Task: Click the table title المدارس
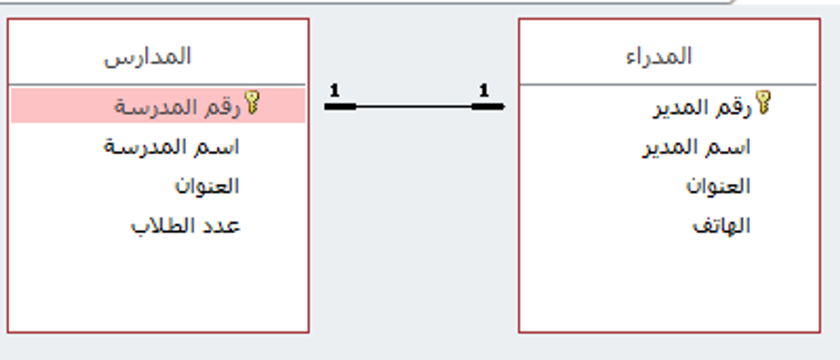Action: [147, 57]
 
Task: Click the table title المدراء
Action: [659, 57]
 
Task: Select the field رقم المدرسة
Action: [177, 108]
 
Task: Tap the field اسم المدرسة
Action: [171, 147]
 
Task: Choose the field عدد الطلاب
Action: [186, 226]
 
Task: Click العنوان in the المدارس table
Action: [206, 186]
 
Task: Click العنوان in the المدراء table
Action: [718, 186]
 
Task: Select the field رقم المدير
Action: [703, 108]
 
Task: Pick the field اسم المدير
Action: [696, 147]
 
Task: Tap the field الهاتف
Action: [721, 226]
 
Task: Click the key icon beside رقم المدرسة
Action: [252, 102]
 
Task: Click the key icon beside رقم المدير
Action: [763, 102]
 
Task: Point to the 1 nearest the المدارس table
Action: [335, 91]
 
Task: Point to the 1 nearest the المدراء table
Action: [484, 91]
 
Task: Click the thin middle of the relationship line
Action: [414, 107]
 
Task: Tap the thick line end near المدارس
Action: [340, 107]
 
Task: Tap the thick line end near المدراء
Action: [488, 107]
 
